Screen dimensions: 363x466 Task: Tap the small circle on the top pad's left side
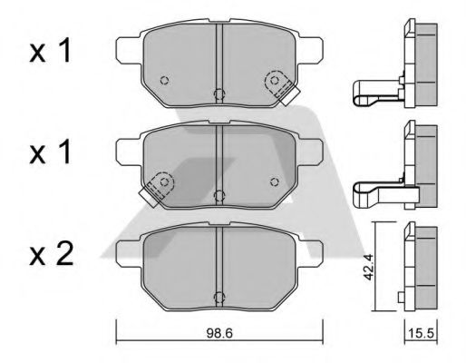(x=163, y=80)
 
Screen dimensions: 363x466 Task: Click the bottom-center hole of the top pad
(x=218, y=93)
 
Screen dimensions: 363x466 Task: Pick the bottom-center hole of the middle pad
(x=218, y=192)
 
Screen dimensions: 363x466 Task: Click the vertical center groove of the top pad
(x=219, y=59)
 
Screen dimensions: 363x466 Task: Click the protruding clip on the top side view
(x=372, y=90)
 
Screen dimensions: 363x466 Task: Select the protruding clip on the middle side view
(x=372, y=188)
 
